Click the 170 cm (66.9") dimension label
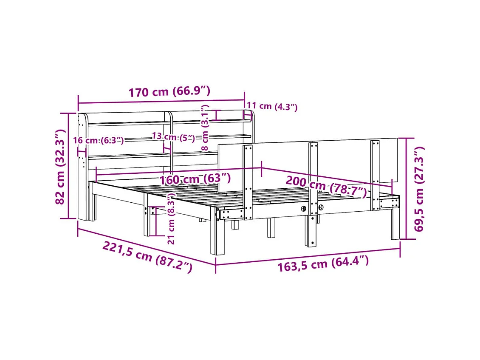(169, 91)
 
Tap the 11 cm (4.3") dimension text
(272, 107)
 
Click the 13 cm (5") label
(173, 137)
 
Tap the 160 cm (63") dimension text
(195, 179)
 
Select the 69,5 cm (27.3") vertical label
(419, 189)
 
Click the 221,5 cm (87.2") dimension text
(147, 257)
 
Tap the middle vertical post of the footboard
(313, 191)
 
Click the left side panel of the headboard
(82, 166)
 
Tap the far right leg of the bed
(395, 223)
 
